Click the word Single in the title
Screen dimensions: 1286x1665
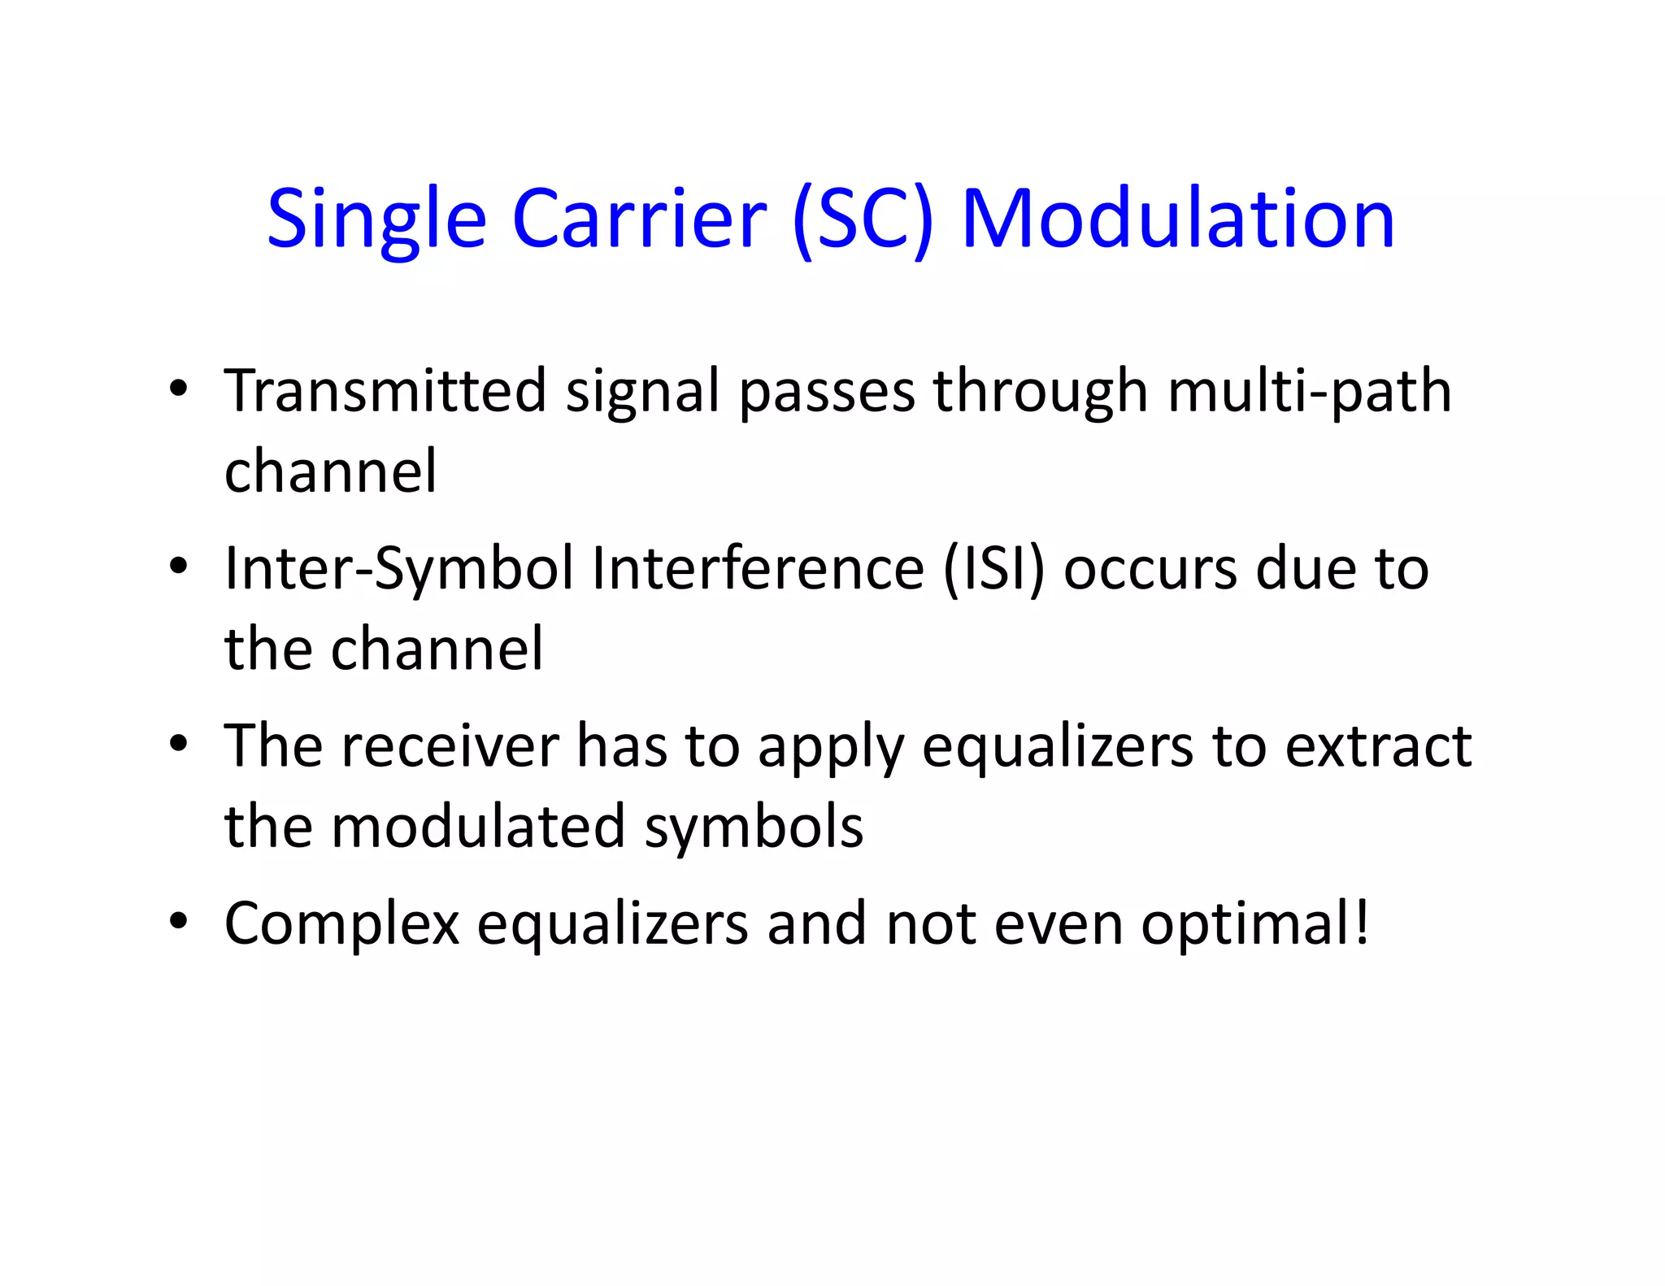(376, 219)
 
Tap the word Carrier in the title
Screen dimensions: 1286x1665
(639, 219)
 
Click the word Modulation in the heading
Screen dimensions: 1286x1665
(1178, 219)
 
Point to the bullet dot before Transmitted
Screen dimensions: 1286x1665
(179, 388)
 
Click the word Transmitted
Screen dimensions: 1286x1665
(385, 391)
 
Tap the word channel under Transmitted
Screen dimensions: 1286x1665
(330, 471)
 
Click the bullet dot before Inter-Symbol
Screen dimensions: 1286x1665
(179, 565)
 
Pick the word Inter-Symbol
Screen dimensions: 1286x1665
(399, 569)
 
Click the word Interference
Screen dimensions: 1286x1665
(758, 568)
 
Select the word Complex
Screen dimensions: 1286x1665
(341, 925)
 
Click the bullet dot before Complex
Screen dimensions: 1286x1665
(179, 921)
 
